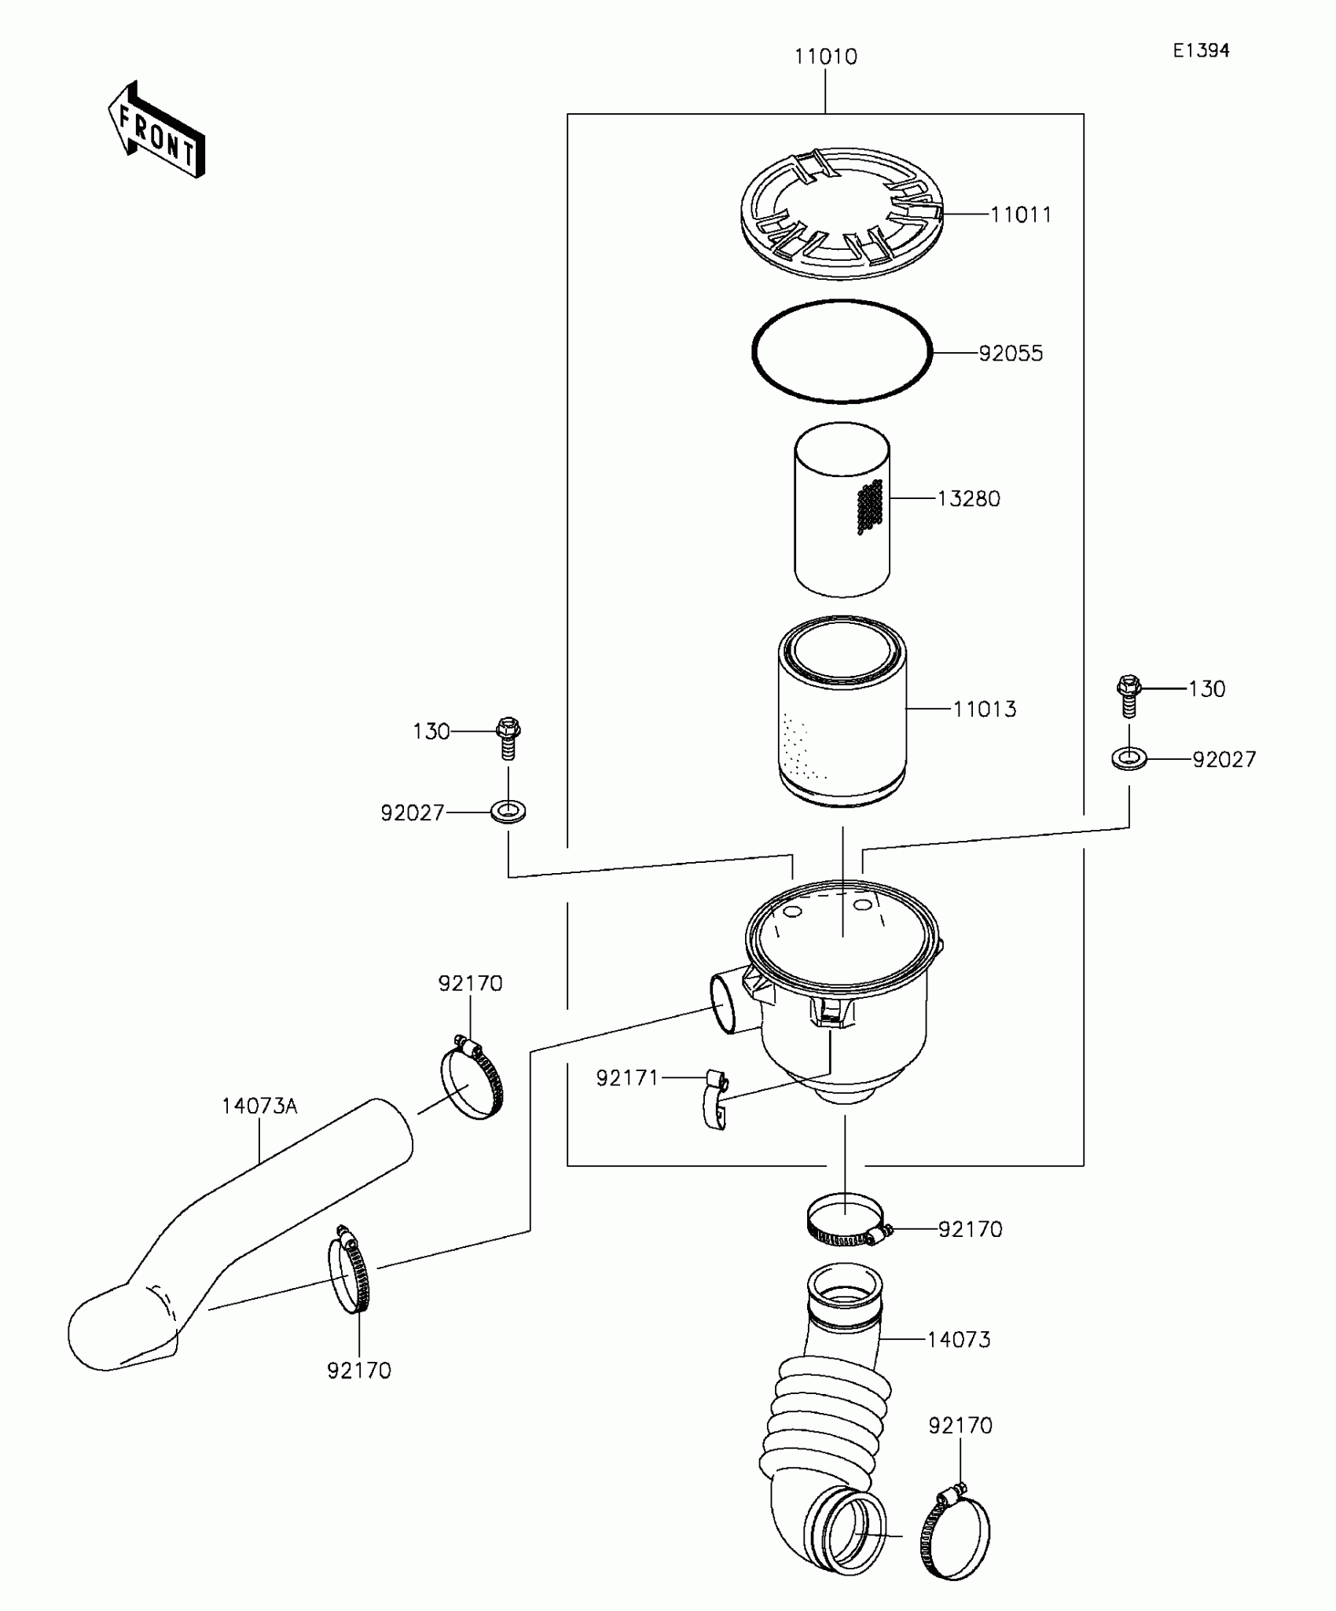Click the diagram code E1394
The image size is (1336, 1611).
click(x=1201, y=51)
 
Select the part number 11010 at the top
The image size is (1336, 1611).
click(x=825, y=57)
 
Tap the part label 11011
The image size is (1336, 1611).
click(x=1020, y=215)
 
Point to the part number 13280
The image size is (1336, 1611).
click(x=968, y=499)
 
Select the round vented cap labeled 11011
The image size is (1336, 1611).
click(x=842, y=212)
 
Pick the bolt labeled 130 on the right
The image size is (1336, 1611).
click(x=1129, y=695)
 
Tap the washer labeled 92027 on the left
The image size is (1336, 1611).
click(x=508, y=810)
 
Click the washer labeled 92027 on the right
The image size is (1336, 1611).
click(x=1129, y=758)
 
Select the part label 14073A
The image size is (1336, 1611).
click(x=259, y=1106)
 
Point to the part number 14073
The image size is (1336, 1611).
click(x=959, y=1340)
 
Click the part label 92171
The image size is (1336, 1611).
click(x=627, y=1078)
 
